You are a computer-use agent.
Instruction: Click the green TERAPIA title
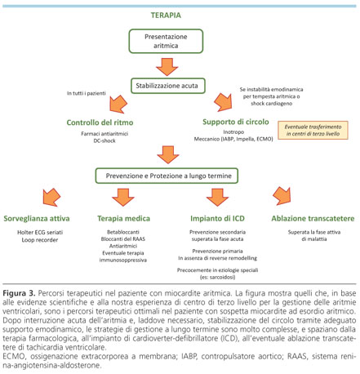click(166, 16)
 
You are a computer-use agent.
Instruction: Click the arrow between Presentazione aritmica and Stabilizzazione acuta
click(167, 67)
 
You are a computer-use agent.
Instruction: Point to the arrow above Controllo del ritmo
click(118, 104)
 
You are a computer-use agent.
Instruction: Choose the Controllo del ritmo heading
click(100, 122)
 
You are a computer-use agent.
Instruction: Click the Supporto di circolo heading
click(236, 122)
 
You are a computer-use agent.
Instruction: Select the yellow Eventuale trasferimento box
click(313, 130)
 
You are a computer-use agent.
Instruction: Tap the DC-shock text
click(104, 140)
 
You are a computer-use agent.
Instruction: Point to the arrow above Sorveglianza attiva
click(51, 197)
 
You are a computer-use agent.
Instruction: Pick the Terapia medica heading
click(123, 219)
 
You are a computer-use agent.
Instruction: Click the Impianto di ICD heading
click(217, 219)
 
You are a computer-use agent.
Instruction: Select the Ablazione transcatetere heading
click(313, 219)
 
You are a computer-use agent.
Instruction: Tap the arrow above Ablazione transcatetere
click(282, 196)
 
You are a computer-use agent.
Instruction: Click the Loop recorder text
click(40, 240)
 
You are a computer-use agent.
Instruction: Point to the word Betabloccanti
click(123, 232)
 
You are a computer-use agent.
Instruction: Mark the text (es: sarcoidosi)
click(217, 277)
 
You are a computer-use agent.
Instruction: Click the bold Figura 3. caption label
click(19, 293)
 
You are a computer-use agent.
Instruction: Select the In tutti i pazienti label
click(87, 93)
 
